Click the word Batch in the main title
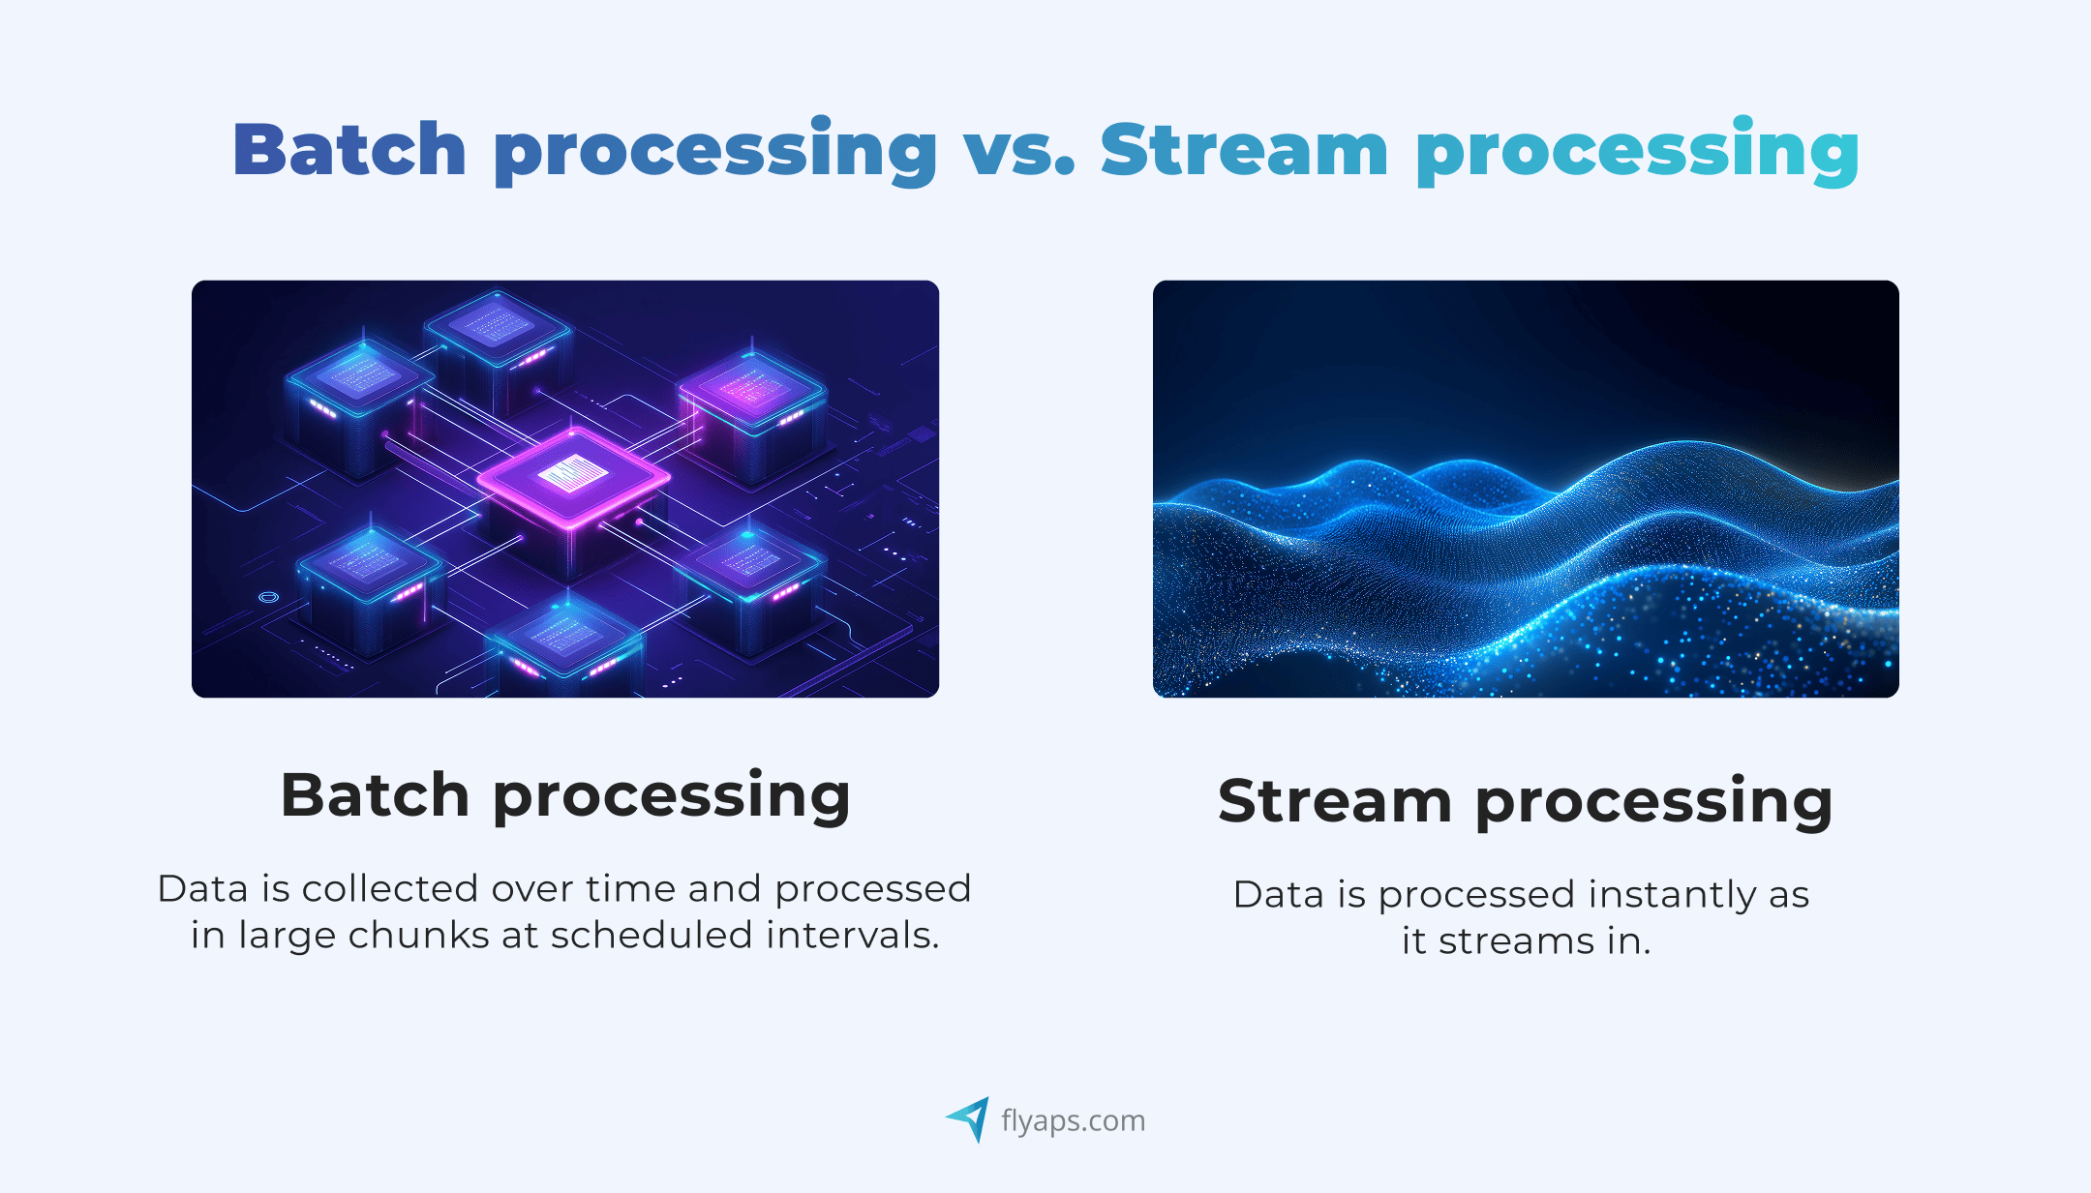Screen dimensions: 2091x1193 349,149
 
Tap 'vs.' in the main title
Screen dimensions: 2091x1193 1019,153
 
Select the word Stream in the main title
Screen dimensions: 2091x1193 1245,150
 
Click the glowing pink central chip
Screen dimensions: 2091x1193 573,479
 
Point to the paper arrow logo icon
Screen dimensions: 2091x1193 968,1119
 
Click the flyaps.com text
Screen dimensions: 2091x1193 1073,1120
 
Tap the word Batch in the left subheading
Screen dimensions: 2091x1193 376,795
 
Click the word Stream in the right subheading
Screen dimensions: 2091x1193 1335,801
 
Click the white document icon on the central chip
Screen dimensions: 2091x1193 573,473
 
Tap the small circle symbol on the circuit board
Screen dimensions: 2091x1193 269,597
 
